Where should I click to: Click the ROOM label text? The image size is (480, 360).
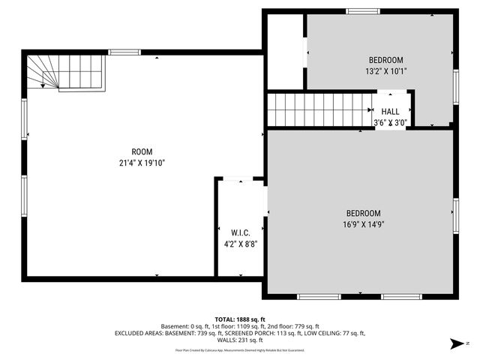coord(142,151)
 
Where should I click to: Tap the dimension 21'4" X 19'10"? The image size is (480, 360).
coord(142,163)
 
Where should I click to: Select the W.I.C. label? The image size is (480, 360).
coord(240,232)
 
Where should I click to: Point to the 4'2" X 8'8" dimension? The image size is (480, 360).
coord(240,244)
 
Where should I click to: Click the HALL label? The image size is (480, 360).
coord(391,111)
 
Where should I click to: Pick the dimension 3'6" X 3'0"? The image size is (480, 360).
coord(391,122)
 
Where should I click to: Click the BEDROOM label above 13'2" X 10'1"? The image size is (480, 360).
coord(385,60)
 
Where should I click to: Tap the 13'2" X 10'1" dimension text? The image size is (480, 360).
coord(385,72)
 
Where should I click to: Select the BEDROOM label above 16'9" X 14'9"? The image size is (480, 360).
coord(363,213)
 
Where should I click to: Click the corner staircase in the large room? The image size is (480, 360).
coord(64,71)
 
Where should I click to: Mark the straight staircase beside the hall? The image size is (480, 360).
coord(319,109)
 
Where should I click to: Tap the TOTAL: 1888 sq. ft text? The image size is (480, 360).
coord(240,319)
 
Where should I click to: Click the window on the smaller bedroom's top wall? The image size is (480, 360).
coord(362,11)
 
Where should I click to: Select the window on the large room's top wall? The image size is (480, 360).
coord(124,52)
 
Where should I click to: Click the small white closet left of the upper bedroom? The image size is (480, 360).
coord(285,51)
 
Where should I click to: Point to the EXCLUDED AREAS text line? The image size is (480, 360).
coord(240,333)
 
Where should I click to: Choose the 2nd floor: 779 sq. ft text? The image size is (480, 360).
coord(295,326)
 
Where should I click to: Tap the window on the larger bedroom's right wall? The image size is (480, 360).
coord(455,217)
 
